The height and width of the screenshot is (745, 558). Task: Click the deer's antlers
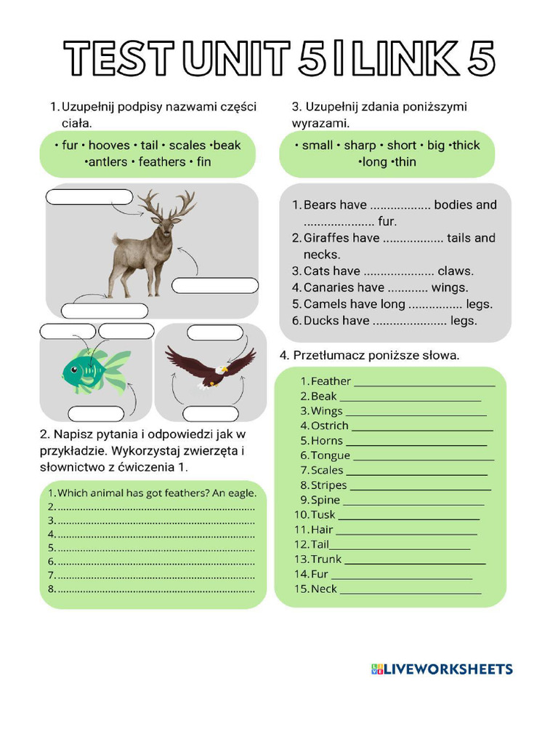167,204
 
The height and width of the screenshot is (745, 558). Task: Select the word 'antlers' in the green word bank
108,162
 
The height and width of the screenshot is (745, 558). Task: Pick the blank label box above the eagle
215,332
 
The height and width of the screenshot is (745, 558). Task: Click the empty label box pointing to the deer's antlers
89,197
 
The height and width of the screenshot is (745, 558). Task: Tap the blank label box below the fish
97,414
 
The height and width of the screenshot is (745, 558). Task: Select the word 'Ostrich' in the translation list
330,426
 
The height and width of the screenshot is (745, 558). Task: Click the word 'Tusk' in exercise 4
323,514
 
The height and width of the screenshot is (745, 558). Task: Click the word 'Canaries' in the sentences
344,288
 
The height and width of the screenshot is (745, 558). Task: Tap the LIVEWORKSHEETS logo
442,669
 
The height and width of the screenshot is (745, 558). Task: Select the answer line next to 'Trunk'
415,564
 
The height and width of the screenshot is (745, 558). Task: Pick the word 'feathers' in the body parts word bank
162,162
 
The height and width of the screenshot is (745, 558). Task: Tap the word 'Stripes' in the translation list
329,485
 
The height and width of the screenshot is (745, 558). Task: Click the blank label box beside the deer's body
215,285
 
